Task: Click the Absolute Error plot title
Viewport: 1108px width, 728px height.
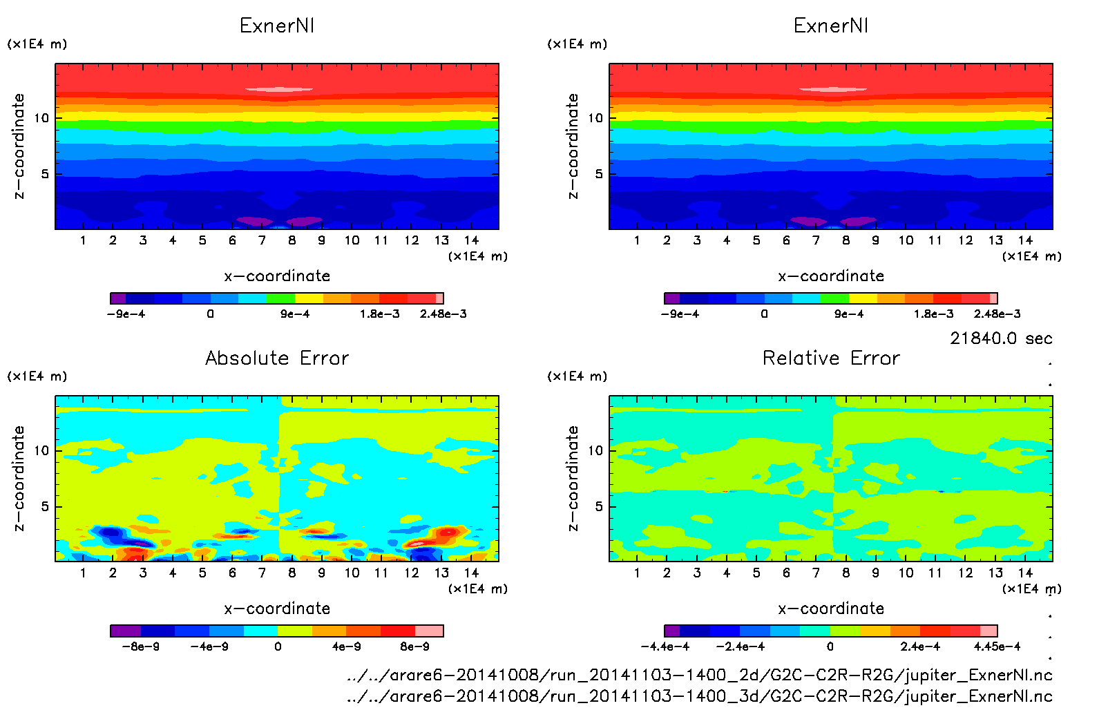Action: point(277,358)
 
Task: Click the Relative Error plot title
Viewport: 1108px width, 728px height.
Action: point(831,358)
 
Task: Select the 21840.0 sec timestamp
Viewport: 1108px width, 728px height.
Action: point(1001,338)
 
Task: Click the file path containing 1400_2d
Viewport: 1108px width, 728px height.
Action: point(699,675)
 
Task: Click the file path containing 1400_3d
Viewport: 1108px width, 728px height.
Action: point(699,696)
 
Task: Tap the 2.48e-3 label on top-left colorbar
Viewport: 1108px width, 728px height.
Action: point(443,314)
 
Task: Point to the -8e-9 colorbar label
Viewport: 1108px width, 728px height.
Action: point(141,646)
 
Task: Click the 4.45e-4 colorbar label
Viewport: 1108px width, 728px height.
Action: point(997,646)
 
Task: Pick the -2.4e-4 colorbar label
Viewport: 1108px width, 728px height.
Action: point(741,646)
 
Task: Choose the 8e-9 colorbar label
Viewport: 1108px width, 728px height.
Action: point(414,646)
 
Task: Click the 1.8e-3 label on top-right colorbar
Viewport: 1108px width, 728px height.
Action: point(933,314)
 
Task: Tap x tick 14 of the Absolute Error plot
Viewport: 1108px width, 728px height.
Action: point(471,573)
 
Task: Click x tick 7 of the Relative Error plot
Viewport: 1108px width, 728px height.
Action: point(816,573)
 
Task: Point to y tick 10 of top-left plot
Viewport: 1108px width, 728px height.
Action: point(42,118)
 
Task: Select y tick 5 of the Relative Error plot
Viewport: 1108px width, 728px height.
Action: point(599,506)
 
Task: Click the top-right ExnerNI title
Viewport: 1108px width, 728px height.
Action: point(831,26)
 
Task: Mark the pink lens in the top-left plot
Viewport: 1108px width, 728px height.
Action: point(279,89)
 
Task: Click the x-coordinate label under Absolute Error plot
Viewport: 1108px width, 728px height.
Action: point(277,609)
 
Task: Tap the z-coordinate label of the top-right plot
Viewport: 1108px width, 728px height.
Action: point(573,146)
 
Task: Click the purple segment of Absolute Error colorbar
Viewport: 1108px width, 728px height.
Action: point(126,631)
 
